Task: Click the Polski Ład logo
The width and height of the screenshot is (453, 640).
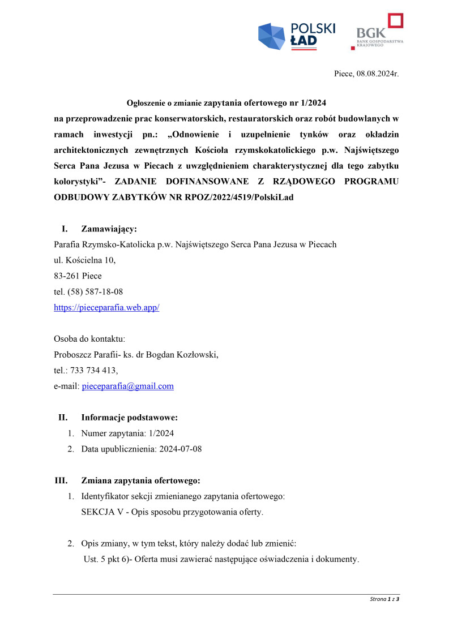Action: [296, 36]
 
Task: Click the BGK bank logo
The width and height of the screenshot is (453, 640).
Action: [377, 32]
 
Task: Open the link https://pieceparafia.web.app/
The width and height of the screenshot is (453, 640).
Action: [106, 307]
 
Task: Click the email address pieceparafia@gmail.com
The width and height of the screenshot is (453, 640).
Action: [127, 386]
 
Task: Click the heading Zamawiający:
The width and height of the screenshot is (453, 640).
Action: [109, 229]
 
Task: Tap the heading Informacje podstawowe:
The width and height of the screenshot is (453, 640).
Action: [129, 418]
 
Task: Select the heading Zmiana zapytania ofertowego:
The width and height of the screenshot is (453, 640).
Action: [140, 481]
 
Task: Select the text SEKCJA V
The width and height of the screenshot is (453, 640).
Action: [100, 512]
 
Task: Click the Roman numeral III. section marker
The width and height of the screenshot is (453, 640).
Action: [61, 481]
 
